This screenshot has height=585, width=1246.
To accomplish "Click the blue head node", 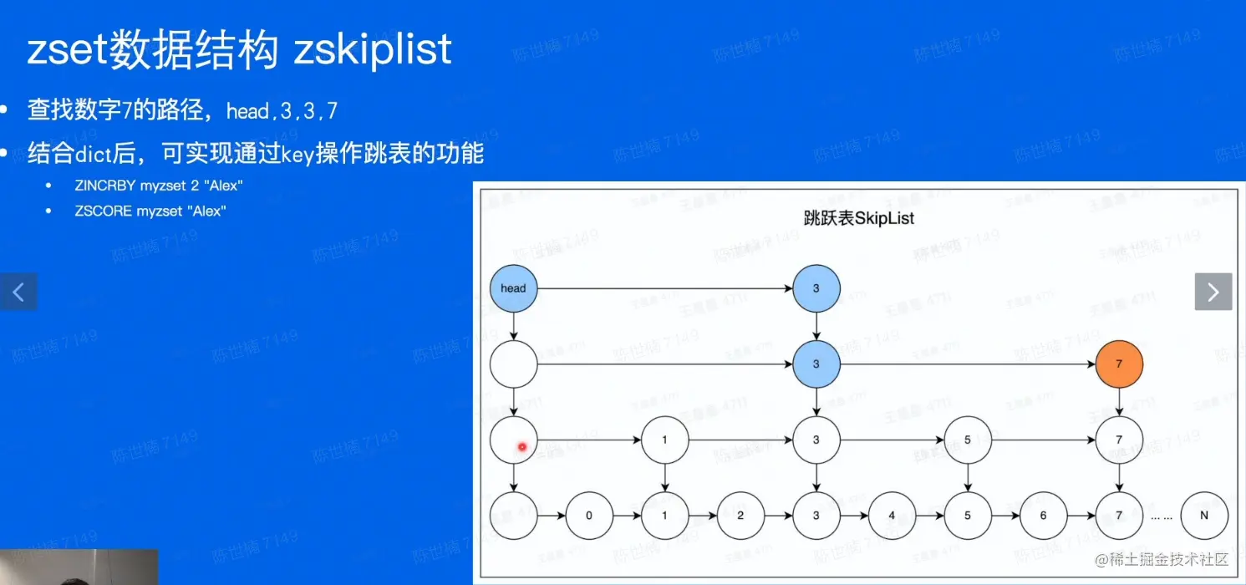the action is pyautogui.click(x=513, y=288).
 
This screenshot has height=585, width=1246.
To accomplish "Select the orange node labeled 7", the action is pyautogui.click(x=1119, y=364).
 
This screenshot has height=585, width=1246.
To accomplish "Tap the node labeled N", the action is pyautogui.click(x=1203, y=516).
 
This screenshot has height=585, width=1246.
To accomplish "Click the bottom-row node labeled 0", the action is pyautogui.click(x=588, y=516).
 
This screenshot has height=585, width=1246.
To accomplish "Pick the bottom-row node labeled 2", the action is pyautogui.click(x=740, y=516).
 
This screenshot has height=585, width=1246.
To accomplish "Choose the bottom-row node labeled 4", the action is pyautogui.click(x=892, y=516).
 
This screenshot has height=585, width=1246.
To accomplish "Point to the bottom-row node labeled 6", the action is pyautogui.click(x=1043, y=516).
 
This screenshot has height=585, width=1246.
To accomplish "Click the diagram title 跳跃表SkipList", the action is pyautogui.click(x=858, y=219).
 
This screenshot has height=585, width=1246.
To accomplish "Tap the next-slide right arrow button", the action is pyautogui.click(x=1213, y=292).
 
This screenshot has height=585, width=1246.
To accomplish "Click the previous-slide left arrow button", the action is pyautogui.click(x=18, y=292).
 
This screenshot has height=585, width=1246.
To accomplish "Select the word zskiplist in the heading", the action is pyautogui.click(x=373, y=49).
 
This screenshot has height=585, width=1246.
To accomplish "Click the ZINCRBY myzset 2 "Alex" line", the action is pyautogui.click(x=158, y=186).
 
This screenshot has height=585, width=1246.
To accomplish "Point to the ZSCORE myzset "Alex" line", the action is pyautogui.click(x=150, y=211).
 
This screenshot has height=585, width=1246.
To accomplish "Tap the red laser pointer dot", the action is pyautogui.click(x=522, y=447).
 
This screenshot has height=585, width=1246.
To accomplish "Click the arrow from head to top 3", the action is pyautogui.click(x=664, y=289).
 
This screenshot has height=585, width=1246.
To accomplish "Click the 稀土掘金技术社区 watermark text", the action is pyautogui.click(x=1160, y=559).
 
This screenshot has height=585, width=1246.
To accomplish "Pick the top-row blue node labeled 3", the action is pyautogui.click(x=816, y=288).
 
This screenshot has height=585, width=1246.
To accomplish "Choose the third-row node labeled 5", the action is pyautogui.click(x=968, y=440).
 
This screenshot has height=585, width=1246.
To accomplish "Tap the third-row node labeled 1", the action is pyautogui.click(x=664, y=440).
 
